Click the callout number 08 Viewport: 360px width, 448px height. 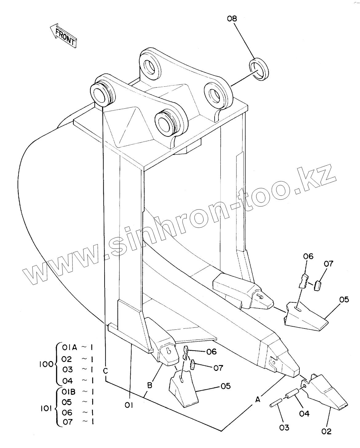(x=232, y=19)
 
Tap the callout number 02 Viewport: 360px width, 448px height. (x=326, y=431)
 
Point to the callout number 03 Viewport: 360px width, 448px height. (x=284, y=427)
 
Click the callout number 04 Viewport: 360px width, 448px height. (x=304, y=413)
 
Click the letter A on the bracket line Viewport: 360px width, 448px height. (x=258, y=399)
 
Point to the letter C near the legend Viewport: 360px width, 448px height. (x=105, y=371)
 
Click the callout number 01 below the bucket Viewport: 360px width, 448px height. (x=129, y=406)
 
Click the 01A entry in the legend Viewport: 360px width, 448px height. (x=69, y=348)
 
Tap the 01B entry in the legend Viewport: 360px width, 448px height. (x=69, y=392)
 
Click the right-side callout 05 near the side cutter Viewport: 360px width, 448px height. (x=344, y=299)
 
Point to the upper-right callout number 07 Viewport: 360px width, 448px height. (x=328, y=264)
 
